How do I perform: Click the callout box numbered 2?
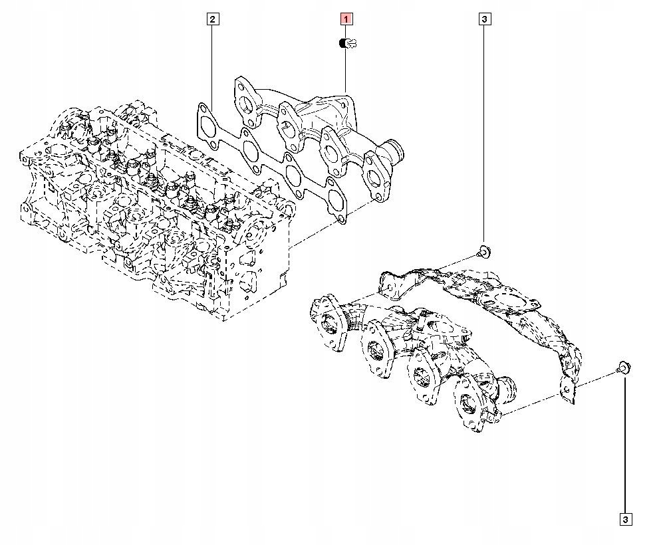click(x=212, y=19)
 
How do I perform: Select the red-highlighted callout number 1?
click(x=347, y=19)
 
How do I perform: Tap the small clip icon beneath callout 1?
click(x=347, y=45)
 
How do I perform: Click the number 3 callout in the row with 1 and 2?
click(x=484, y=19)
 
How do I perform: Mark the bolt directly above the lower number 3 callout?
click(x=624, y=366)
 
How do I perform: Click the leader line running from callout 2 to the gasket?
click(x=212, y=66)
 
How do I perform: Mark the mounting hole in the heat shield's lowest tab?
click(x=566, y=393)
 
